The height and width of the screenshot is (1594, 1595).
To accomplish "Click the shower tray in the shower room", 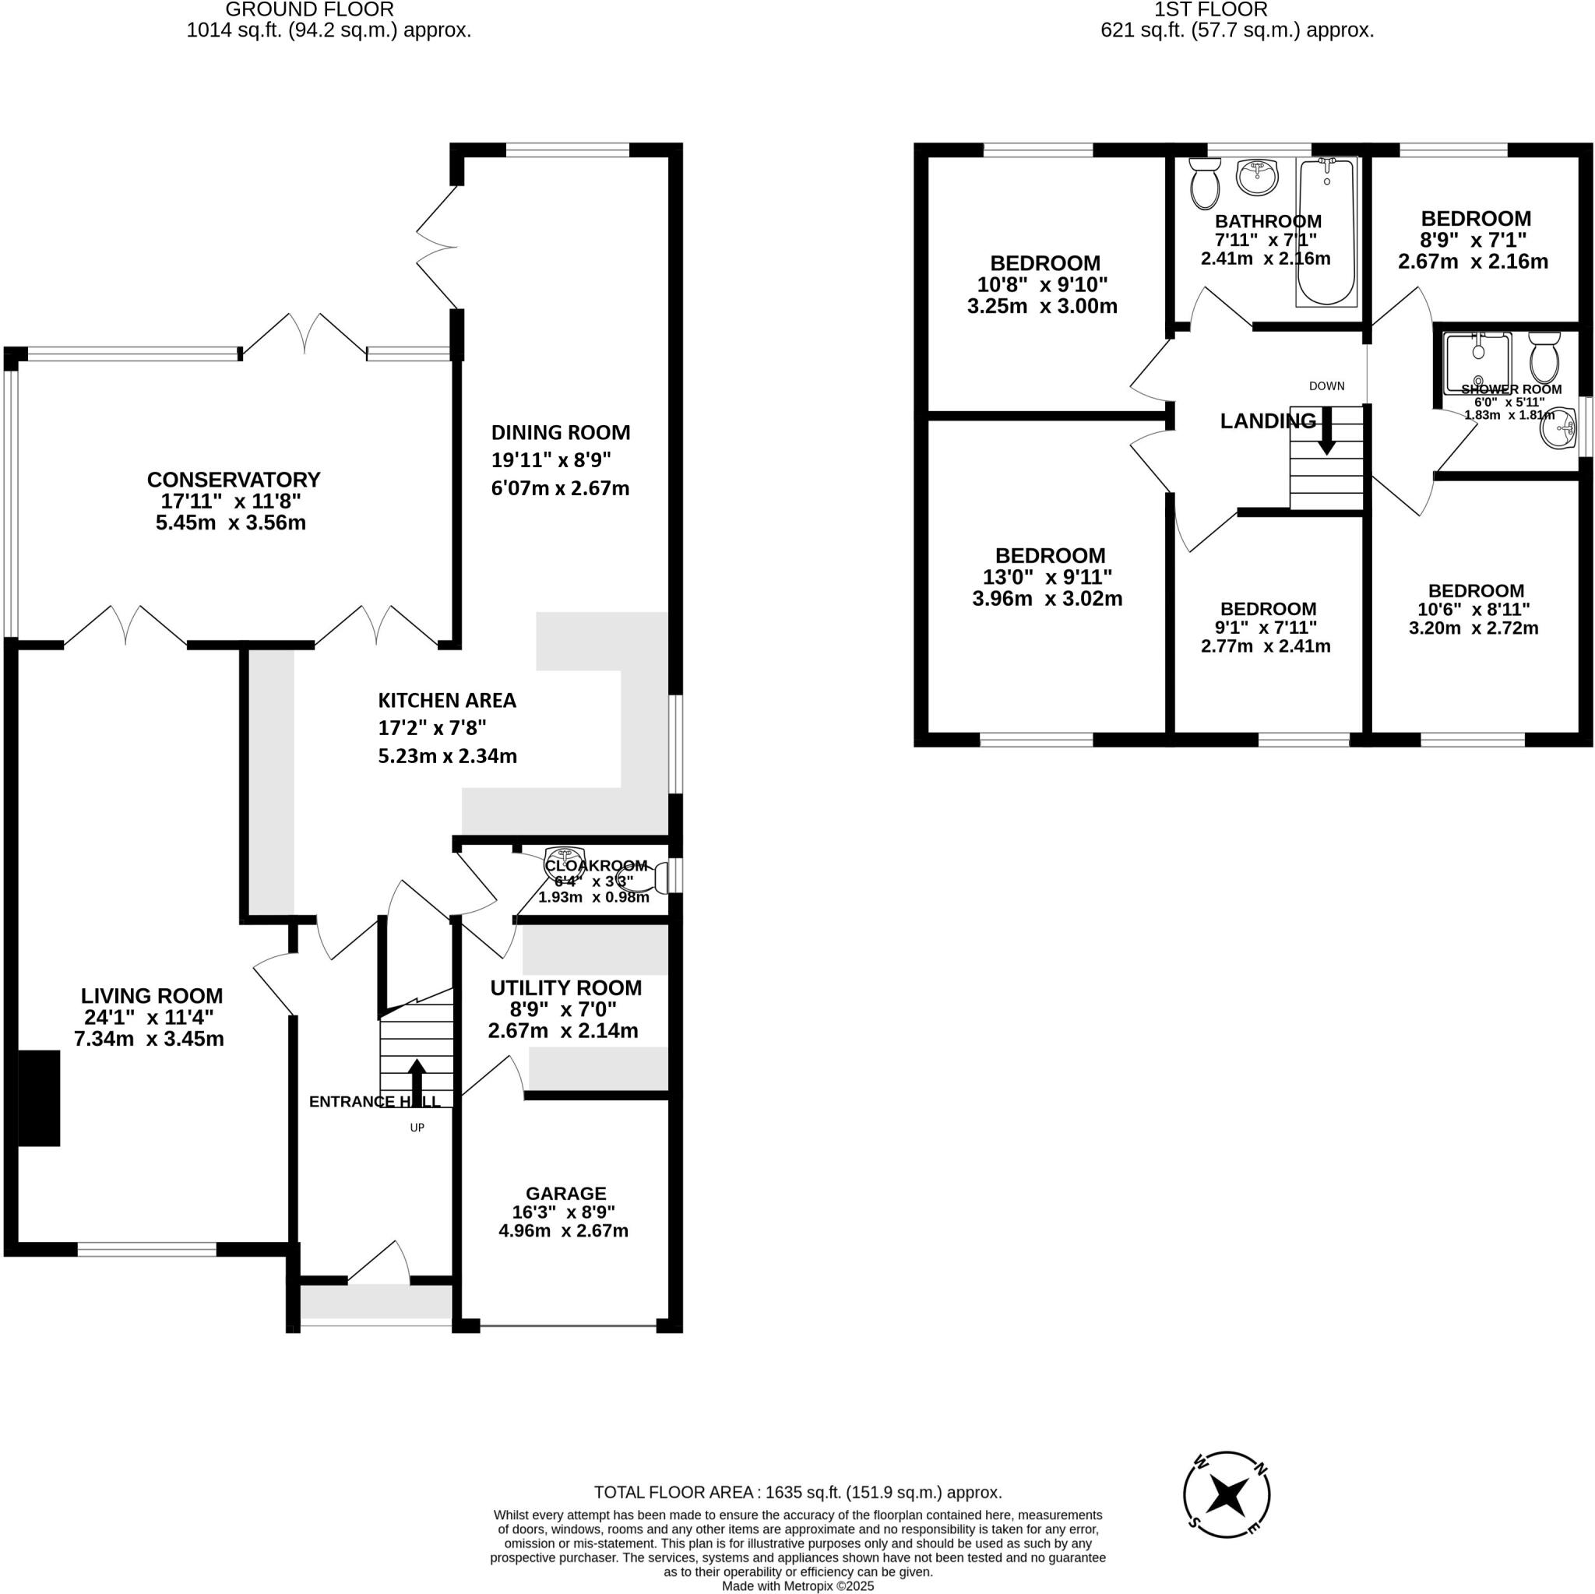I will coord(1477,361).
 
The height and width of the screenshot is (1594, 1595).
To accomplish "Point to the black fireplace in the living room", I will coord(40,1098).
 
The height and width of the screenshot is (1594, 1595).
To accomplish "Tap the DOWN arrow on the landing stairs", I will coord(1326,431).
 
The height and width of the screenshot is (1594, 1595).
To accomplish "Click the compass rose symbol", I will coord(1226,1518).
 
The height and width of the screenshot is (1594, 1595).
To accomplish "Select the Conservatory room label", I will coord(234,480).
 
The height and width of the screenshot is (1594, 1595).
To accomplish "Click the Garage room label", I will coord(565,1193).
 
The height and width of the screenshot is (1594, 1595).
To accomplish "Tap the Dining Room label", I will coord(561,432).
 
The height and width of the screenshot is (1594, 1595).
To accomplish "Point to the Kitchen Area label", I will coord(446,701).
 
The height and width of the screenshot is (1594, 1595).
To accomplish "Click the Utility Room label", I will coord(565,988).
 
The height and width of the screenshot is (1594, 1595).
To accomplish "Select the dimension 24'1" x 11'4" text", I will coord(149,1017).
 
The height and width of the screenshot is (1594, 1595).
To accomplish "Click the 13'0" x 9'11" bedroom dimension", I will coord(1047,577).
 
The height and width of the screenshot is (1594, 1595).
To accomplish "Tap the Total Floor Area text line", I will coord(797,1493).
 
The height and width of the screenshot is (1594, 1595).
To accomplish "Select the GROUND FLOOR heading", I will coord(310,10).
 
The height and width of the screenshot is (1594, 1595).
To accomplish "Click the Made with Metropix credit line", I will coord(797,1585).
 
